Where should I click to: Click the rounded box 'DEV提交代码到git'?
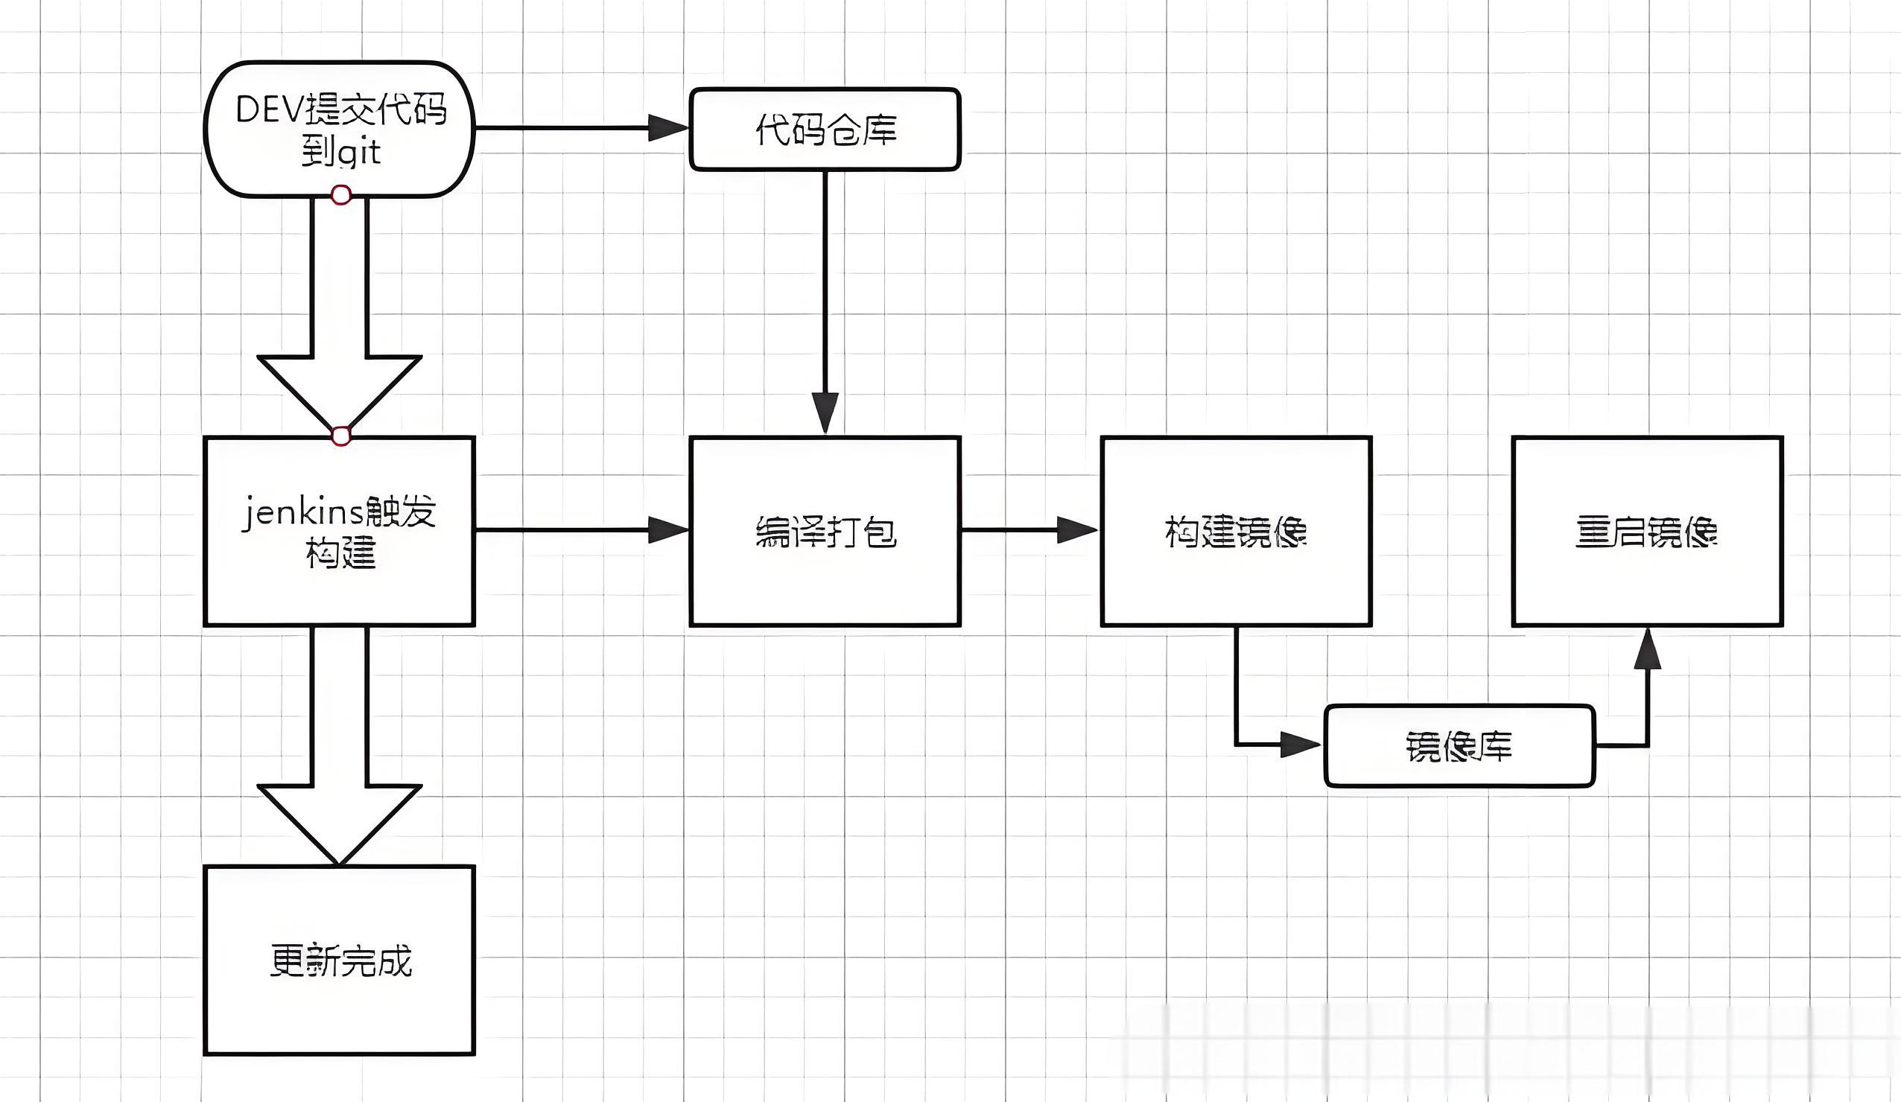tap(340, 129)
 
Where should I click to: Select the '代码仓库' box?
tap(825, 129)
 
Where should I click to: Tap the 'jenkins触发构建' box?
tap(340, 531)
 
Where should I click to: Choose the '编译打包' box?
tap(825, 531)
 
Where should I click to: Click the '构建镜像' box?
tap(1236, 531)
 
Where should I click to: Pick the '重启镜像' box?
tap(1648, 531)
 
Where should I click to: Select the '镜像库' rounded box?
tap(1460, 746)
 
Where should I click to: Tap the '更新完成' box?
tap(340, 961)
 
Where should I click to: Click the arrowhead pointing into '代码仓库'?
tap(668, 128)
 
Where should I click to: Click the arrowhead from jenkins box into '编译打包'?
tap(668, 530)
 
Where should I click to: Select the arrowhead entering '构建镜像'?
tap(1077, 530)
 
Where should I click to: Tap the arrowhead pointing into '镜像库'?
tap(1301, 745)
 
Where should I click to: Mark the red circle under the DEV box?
tap(341, 196)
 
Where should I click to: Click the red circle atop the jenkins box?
tap(341, 436)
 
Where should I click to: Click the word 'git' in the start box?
tap(359, 153)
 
